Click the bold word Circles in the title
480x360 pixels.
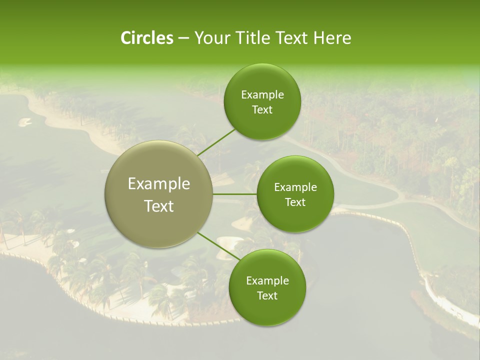tap(147, 38)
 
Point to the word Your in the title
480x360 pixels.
tap(210, 38)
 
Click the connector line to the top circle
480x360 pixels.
tap(216, 143)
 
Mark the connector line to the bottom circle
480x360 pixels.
tap(218, 246)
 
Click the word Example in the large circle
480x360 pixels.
tap(159, 184)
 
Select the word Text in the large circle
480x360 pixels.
tap(159, 206)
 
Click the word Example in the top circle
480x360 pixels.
tap(262, 95)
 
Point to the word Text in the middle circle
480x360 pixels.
tap(295, 202)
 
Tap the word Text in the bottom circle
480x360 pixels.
tap(267, 295)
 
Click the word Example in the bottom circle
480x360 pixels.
tap(267, 280)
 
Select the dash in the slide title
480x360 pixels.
tap(183, 38)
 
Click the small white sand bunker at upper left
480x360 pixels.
tap(25, 121)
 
